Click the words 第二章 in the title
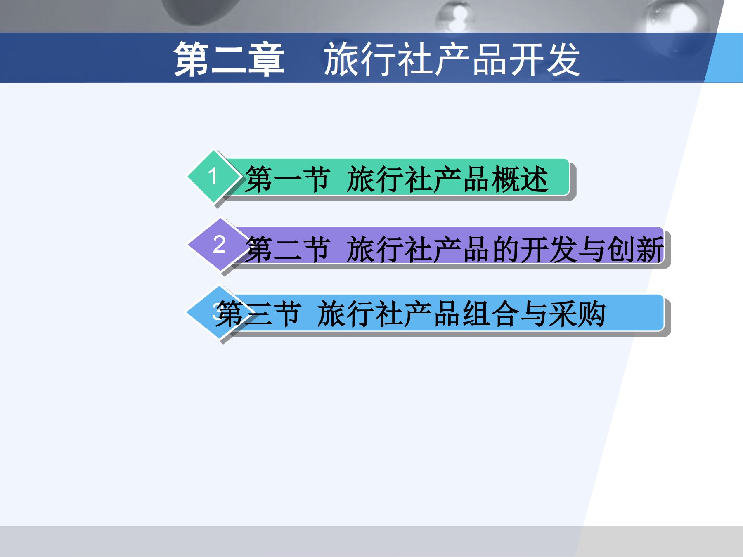point(229,60)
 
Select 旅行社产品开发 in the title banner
point(452,60)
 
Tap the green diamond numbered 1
point(213,176)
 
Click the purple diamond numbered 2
point(219,244)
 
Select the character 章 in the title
point(266,60)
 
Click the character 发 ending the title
point(563,60)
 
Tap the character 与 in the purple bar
point(592,249)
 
